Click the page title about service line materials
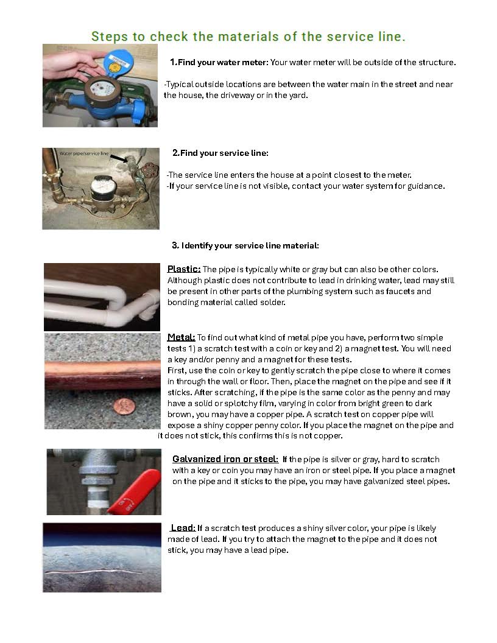pyautogui.click(x=248, y=37)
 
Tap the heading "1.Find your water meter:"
pyautogui.click(x=219, y=62)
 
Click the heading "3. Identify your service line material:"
pyautogui.click(x=245, y=246)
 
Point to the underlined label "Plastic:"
pyautogui.click(x=184, y=269)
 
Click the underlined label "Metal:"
pyautogui.click(x=181, y=337)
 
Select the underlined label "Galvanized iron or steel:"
pyautogui.click(x=225, y=459)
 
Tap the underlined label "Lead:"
pyautogui.click(x=183, y=528)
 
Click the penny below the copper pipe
pyautogui.click(x=110, y=404)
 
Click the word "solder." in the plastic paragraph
pyautogui.click(x=272, y=302)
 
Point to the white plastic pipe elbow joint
pyautogui.click(x=131, y=304)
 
